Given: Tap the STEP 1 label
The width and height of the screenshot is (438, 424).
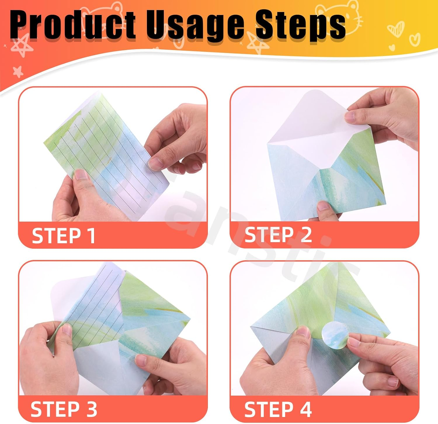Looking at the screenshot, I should click(x=63, y=236).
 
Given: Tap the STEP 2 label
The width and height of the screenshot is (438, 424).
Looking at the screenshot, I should click(x=278, y=235).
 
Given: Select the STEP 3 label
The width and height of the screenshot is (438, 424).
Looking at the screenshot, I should click(x=64, y=409).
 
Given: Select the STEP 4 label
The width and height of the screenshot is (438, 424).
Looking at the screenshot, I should click(x=278, y=409).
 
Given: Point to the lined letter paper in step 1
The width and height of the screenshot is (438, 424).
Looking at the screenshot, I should click(x=105, y=152).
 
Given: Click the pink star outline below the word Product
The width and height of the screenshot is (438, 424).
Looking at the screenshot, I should click(x=22, y=47).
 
